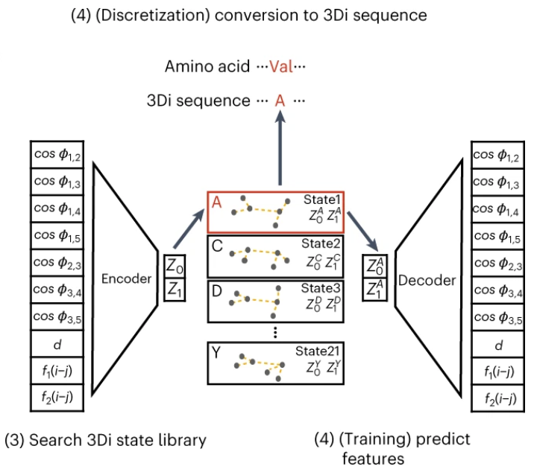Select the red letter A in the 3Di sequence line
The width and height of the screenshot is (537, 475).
tap(280, 100)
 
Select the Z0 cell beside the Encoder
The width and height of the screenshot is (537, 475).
tap(175, 266)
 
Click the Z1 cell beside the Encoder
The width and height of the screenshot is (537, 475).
tap(175, 290)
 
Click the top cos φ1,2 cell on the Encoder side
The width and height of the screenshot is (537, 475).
tap(60, 155)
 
